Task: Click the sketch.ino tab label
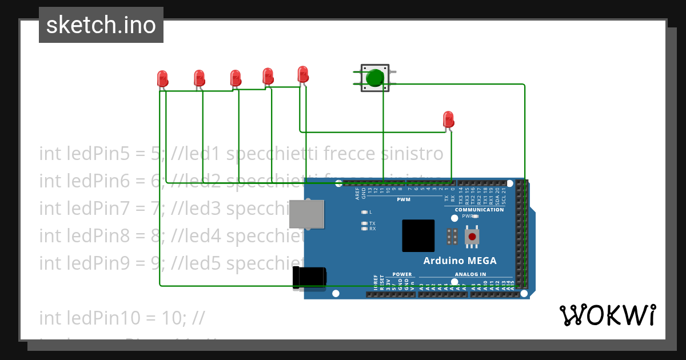tap(101, 25)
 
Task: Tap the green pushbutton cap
tap(375, 77)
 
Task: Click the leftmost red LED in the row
tap(162, 78)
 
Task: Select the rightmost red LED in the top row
tap(303, 74)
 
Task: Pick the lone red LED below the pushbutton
tap(449, 119)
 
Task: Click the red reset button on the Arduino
tap(472, 236)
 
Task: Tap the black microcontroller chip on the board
tap(418, 235)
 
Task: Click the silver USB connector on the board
tap(307, 214)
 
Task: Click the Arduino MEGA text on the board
tap(460, 261)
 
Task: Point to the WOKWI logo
tap(607, 315)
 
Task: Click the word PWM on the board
tap(404, 200)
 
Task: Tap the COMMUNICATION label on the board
tap(479, 210)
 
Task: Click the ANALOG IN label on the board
tap(470, 274)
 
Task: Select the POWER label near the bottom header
tap(402, 274)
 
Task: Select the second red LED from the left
tap(199, 78)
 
